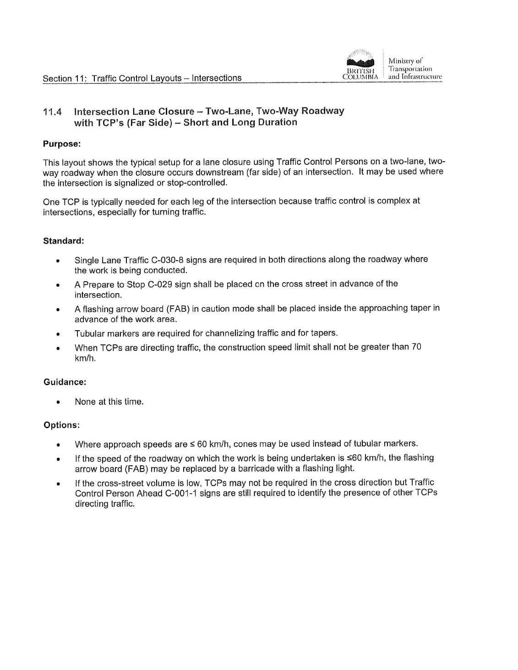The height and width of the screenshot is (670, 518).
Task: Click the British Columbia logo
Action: (x=361, y=65)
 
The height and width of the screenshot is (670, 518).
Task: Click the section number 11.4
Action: (x=52, y=112)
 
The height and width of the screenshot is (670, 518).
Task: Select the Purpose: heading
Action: (x=62, y=144)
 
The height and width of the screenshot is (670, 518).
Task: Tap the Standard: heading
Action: (x=64, y=241)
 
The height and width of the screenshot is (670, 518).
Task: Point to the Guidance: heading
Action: (x=65, y=382)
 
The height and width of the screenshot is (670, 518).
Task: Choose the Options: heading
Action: (x=62, y=425)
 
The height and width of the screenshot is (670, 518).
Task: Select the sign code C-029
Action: (x=160, y=284)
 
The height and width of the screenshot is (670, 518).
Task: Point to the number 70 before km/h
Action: (x=416, y=347)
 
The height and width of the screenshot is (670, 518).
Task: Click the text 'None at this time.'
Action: (x=109, y=402)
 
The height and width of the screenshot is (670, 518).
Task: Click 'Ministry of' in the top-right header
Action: (x=406, y=61)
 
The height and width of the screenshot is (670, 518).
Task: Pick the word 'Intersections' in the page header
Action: (x=217, y=78)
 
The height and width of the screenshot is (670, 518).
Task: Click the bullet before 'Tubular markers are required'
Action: (x=58, y=334)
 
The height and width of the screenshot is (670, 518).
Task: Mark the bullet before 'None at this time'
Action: (x=58, y=403)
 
